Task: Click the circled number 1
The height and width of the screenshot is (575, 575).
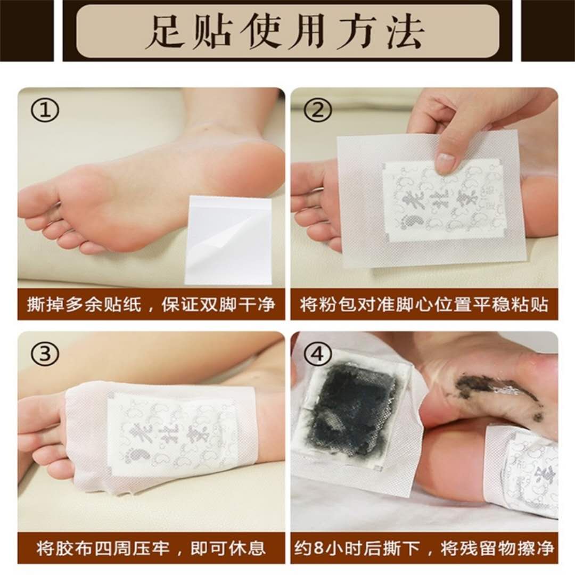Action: pos(46,110)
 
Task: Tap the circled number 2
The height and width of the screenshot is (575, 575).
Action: pos(318,110)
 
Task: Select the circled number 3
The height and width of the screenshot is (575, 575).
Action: pos(46,354)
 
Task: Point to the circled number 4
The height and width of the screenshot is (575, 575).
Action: pos(318,354)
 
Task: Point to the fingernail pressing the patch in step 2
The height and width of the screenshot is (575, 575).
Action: pos(445,163)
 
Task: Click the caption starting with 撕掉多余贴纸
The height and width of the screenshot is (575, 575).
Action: pos(151,305)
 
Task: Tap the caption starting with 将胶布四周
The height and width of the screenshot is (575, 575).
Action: pos(151,548)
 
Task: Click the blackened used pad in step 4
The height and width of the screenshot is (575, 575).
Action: pos(352,410)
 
